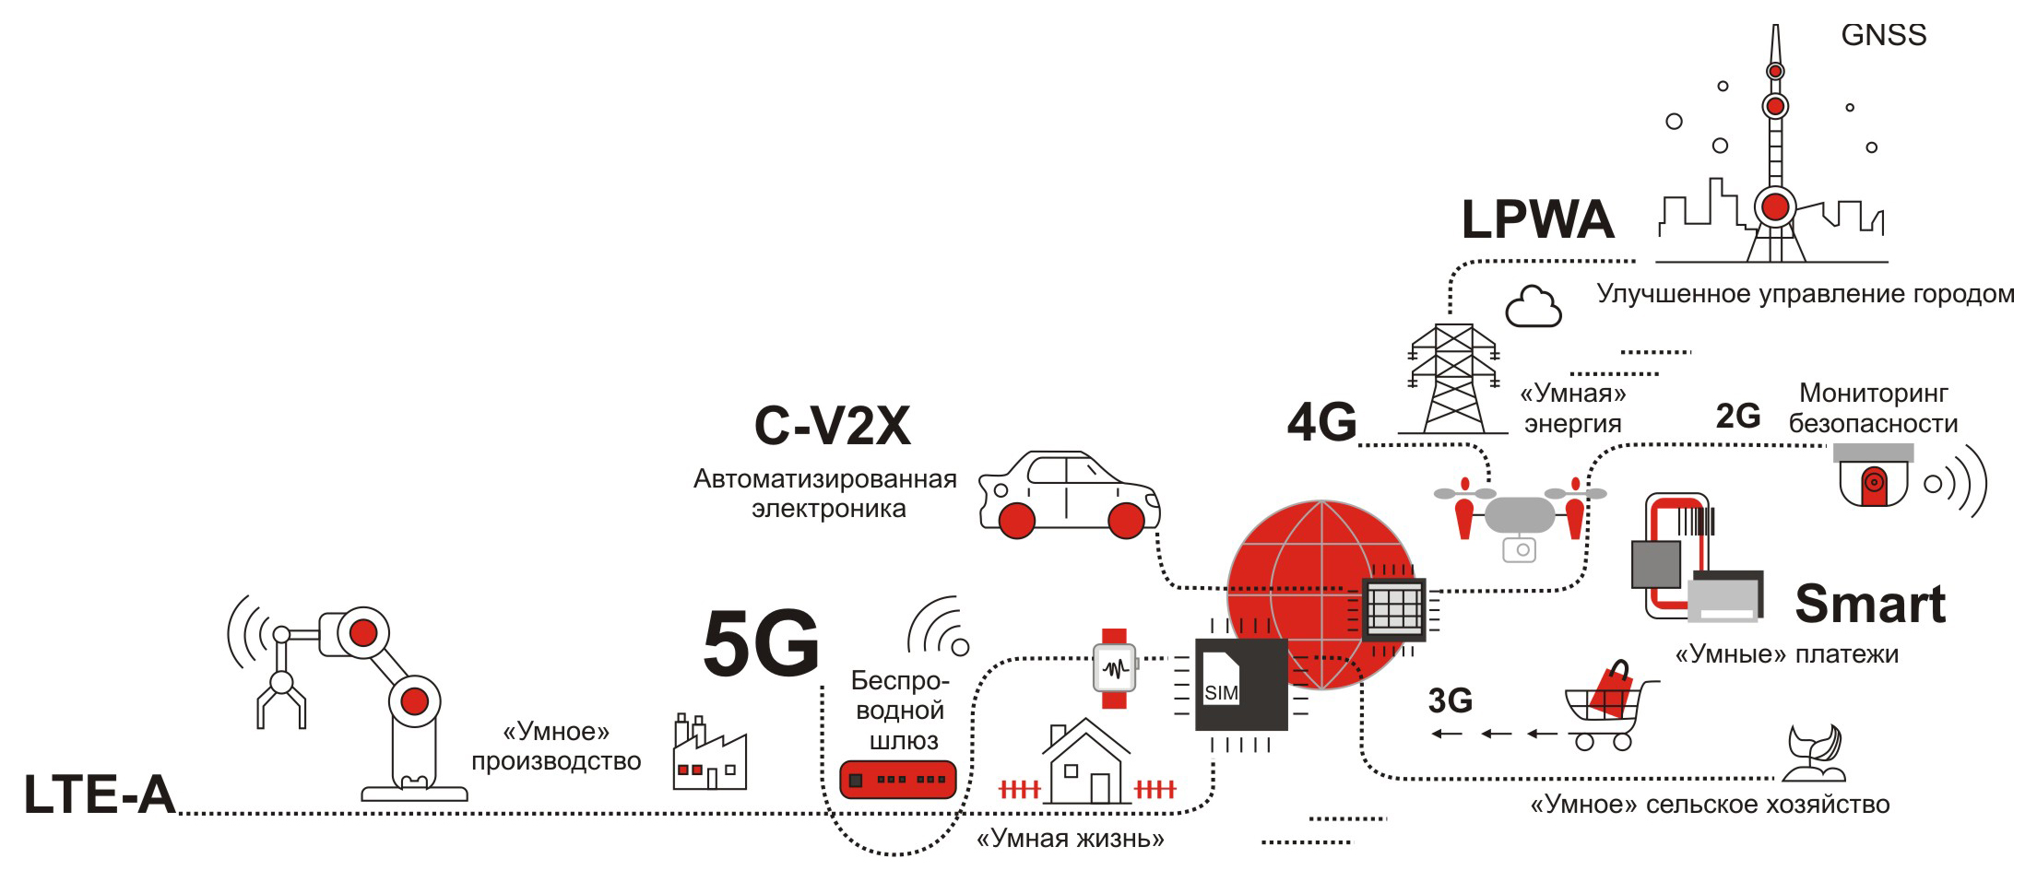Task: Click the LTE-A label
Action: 100,794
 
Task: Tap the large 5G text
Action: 761,643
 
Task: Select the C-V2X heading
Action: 832,426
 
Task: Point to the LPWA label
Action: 1537,219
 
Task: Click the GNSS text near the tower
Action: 1883,35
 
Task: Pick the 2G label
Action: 1737,417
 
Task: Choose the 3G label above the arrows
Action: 1450,701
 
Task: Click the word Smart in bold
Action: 1870,605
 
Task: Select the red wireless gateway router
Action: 898,780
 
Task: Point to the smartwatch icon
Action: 1115,668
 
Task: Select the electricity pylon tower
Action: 1453,378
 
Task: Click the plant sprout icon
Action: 1813,752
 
